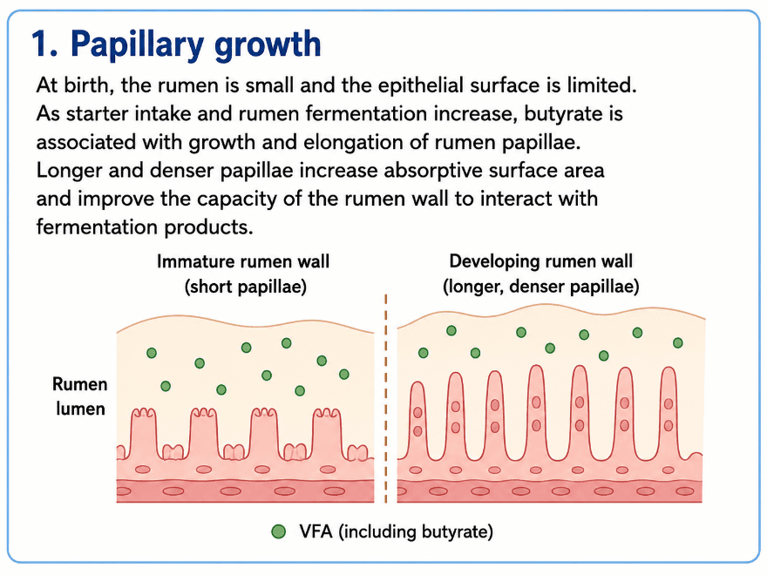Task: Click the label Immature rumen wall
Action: [243, 261]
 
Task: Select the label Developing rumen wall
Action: [541, 261]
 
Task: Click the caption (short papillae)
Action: [246, 287]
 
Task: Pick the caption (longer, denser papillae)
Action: [541, 287]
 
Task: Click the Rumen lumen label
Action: [79, 396]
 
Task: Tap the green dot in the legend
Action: [278, 531]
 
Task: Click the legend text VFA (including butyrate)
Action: [397, 531]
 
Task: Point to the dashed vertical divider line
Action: [386, 398]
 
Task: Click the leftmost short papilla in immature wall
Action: [144, 434]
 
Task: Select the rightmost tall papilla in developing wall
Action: [669, 413]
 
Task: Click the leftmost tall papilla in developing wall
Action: [417, 421]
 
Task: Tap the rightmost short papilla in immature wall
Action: [327, 434]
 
